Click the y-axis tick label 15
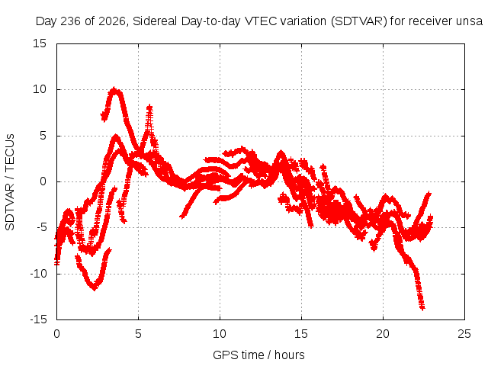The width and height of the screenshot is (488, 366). [x=40, y=43]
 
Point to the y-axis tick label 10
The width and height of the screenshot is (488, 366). [x=40, y=89]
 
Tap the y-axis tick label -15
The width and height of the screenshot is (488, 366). [x=38, y=319]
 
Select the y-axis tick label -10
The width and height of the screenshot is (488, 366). [x=38, y=274]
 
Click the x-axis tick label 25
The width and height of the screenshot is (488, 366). [x=464, y=334]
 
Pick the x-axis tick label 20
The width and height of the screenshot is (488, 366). [x=383, y=334]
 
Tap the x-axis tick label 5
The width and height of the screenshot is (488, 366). [x=138, y=334]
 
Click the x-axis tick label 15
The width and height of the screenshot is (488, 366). [x=301, y=334]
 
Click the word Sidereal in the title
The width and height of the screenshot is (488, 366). [x=155, y=21]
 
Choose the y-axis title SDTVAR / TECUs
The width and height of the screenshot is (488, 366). [x=10, y=182]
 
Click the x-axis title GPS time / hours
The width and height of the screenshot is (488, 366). [x=258, y=355]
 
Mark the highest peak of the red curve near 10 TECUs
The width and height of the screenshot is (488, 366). [x=114, y=90]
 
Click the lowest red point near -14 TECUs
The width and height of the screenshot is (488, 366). [x=422, y=307]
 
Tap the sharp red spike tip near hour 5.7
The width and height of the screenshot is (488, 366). [x=149, y=107]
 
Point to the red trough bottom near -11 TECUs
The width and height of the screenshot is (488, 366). [x=94, y=288]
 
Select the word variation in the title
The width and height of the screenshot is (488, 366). [x=303, y=21]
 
